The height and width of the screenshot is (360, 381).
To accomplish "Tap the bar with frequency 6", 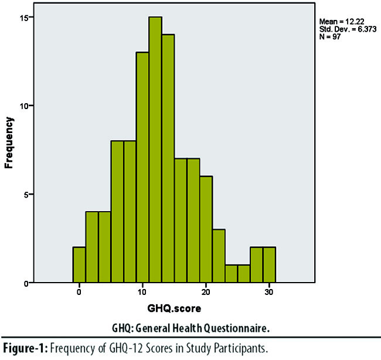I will [206, 229].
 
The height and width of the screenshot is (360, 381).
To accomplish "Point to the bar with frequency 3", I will [219, 256].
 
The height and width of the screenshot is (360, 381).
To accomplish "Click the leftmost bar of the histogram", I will [79, 265].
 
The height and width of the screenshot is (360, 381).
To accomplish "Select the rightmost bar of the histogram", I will [269, 265].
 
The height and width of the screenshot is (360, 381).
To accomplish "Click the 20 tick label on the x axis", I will [206, 293].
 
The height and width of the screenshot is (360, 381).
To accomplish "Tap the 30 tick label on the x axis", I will [269, 293].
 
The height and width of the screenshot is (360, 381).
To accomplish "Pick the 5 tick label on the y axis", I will [29, 194].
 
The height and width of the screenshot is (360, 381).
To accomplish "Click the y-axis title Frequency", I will [9, 142].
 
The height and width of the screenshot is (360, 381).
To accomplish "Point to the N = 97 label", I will [327, 38].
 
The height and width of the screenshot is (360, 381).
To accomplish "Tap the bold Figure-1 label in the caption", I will [23, 347].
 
